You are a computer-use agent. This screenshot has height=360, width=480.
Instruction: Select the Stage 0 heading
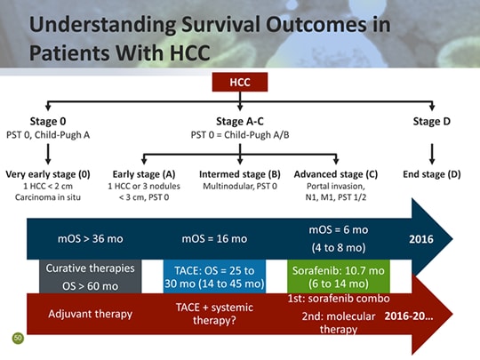(x=49, y=122)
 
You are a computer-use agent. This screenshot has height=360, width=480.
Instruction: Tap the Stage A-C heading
(x=240, y=122)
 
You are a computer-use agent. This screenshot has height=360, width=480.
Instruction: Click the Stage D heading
(x=431, y=122)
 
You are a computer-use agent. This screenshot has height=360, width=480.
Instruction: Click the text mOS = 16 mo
(x=212, y=238)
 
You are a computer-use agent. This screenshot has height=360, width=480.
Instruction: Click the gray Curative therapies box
(x=91, y=276)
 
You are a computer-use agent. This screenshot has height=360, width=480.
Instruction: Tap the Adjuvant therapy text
(x=90, y=314)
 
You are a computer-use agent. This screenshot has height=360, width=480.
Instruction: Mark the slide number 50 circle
(x=17, y=338)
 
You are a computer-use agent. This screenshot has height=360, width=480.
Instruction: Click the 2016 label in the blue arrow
(x=422, y=238)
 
